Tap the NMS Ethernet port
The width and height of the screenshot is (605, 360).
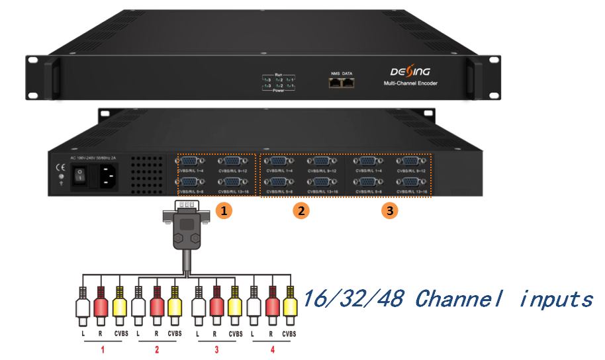(x=335, y=83)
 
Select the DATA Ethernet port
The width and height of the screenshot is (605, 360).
(x=348, y=83)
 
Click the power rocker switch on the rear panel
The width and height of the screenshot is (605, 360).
(x=79, y=177)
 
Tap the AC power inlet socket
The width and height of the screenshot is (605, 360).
(x=109, y=177)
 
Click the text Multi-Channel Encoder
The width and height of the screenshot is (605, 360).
(x=411, y=85)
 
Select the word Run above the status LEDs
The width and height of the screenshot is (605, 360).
(x=279, y=74)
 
